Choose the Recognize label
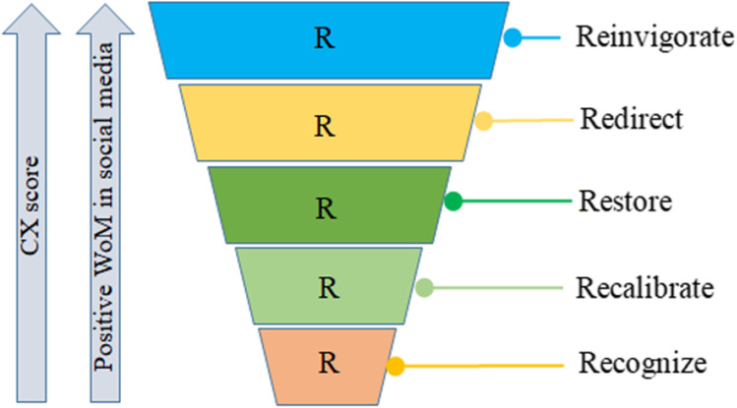tap(642, 363)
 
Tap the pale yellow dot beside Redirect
tap(484, 122)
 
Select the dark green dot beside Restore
tap(454, 203)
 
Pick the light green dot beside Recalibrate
tap(424, 288)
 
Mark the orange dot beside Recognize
tap(395, 367)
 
